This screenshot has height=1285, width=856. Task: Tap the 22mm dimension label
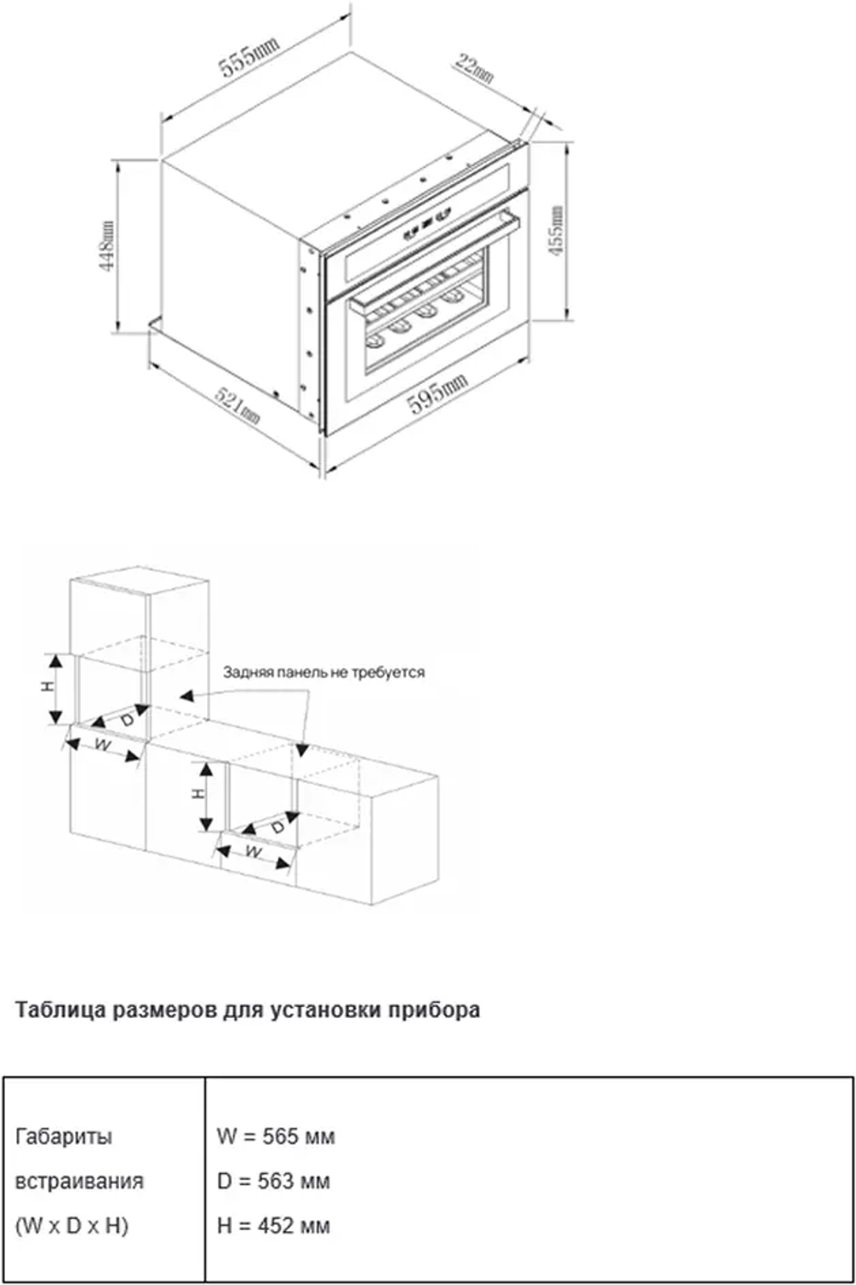coord(474,68)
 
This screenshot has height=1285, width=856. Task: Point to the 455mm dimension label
coord(556,231)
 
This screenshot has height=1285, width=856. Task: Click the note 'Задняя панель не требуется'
coord(324,672)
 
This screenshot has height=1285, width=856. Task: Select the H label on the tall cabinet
coord(49,686)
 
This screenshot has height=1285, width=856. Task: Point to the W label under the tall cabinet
coord(103,745)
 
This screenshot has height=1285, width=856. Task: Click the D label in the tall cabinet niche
coord(127,720)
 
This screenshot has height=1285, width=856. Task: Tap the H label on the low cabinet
coord(199,793)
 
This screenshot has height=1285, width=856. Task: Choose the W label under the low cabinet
coord(253,852)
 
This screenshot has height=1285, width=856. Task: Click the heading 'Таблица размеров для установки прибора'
coord(247,1010)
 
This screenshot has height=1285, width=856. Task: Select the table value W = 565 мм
coord(276,1136)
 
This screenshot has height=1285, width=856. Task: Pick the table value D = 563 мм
coord(273,1181)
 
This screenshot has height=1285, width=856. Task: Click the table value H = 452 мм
coord(273,1225)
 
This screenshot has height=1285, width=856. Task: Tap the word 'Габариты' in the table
coord(64,1136)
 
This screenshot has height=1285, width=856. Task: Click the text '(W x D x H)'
coord(72,1225)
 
